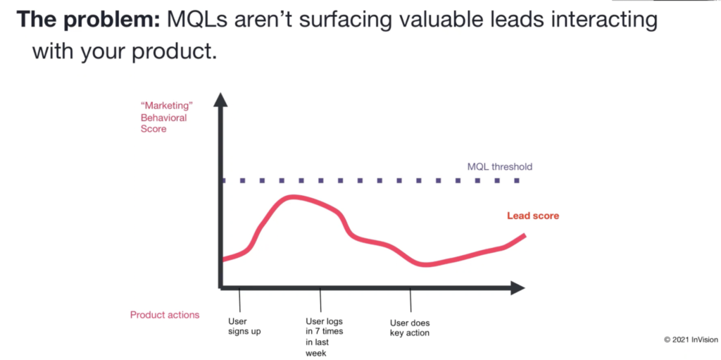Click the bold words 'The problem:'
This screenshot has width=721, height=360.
coord(89,19)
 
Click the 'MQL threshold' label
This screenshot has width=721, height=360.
coord(500,167)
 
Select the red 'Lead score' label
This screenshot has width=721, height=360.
coord(533,216)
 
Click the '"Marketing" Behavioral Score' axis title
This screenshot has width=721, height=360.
coord(163,118)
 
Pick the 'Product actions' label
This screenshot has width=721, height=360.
coord(165,315)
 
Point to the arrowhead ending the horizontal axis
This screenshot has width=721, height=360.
coord(518,287)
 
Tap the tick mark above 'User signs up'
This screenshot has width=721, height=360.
coord(239,299)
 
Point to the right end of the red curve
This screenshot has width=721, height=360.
coord(525,235)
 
